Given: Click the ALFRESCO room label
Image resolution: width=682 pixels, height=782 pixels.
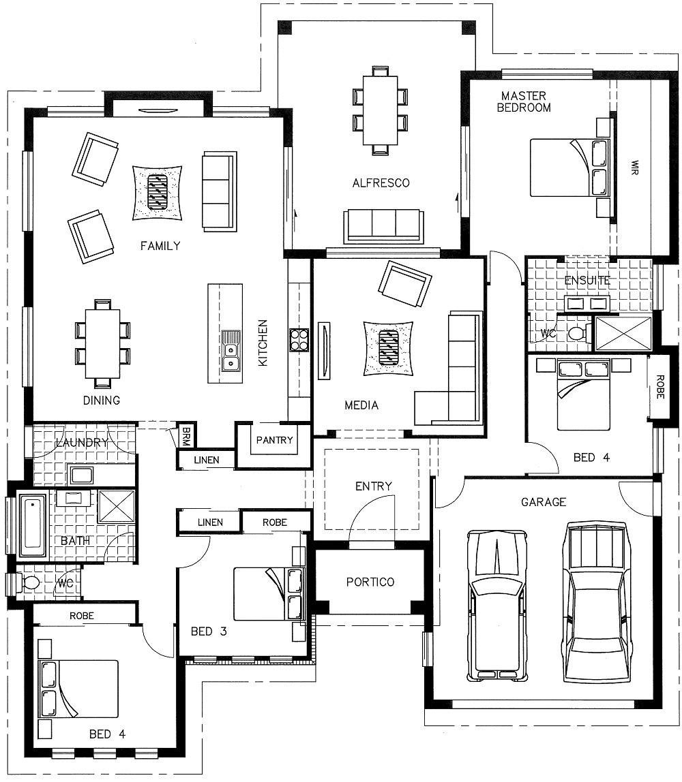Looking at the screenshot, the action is (381, 183).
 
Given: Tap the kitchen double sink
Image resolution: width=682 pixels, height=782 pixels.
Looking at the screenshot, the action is (230, 351).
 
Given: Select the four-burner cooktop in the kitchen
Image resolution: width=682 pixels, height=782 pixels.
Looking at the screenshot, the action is (299, 340).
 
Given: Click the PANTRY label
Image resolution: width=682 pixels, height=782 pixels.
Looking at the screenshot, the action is (274, 440).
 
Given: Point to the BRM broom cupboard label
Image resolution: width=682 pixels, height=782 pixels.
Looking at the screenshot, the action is (186, 435).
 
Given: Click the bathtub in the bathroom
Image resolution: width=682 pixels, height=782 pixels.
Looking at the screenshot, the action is (33, 524).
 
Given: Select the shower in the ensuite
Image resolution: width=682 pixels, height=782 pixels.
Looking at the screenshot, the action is (623, 332).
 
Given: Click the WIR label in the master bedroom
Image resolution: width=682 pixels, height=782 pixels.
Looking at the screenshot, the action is (634, 168).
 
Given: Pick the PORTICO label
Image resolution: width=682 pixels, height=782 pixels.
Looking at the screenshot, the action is (370, 582).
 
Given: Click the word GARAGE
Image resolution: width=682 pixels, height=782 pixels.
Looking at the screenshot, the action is (544, 502).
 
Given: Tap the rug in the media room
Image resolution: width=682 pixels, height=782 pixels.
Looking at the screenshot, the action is (388, 348).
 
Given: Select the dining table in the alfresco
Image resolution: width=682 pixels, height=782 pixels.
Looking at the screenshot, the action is (380, 110).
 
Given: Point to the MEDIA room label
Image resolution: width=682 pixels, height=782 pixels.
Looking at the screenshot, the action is (361, 405).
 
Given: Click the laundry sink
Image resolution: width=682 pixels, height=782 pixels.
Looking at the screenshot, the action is (81, 475).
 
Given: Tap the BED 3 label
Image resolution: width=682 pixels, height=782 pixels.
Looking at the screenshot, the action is (209, 631).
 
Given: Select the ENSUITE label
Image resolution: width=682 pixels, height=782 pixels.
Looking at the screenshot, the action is (587, 280).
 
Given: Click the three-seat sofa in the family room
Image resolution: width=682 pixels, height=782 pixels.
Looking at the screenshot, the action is (219, 191).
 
